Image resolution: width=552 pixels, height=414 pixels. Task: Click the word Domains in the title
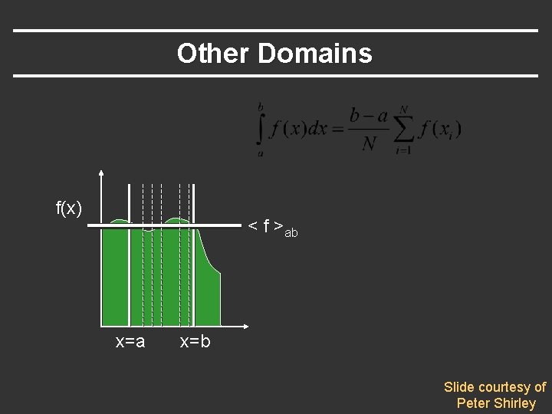pos(315,54)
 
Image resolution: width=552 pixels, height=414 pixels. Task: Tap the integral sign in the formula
pos(261,128)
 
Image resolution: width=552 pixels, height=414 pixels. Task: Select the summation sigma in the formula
pos(403,129)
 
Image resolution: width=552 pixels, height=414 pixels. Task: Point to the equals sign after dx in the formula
pos(338,129)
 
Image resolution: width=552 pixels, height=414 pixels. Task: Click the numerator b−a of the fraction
pos(368,116)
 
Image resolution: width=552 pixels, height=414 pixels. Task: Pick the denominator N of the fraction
pos(369,143)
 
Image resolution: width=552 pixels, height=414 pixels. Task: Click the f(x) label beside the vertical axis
pos(69,208)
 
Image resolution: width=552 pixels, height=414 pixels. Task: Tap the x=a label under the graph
pos(130,342)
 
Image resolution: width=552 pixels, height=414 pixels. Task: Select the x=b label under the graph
pos(195,342)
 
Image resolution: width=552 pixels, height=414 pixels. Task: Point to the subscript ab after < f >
pos(291,232)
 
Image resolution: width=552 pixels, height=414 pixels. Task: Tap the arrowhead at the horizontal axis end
pos(244,325)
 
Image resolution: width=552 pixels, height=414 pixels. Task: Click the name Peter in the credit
pos(474,403)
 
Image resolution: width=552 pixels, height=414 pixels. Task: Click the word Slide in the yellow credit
pos(460,387)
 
